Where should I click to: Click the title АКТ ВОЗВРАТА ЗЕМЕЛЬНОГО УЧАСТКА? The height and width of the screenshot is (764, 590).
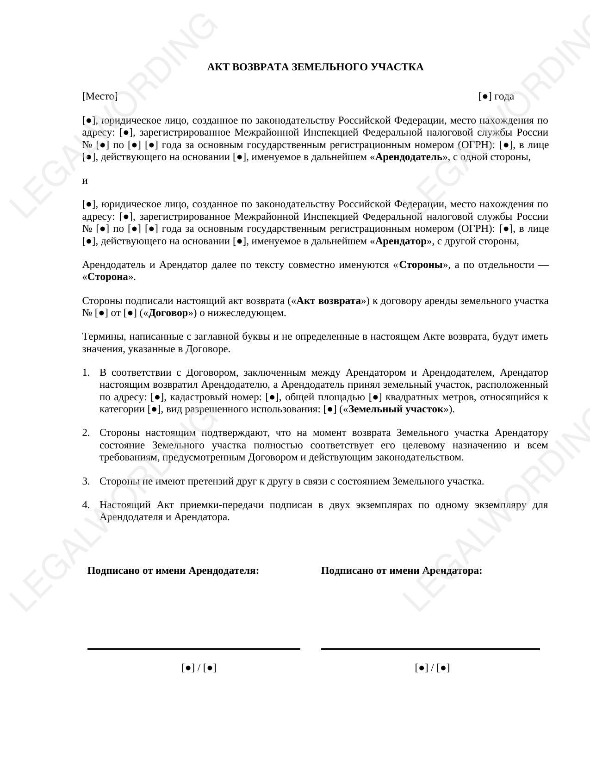tap(315, 67)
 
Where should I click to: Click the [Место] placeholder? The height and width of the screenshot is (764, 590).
tap(100, 96)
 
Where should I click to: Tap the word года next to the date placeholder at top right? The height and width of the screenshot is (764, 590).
tap(504, 96)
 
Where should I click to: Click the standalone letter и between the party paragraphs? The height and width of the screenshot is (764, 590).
tap(85, 180)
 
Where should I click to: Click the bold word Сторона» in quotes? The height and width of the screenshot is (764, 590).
tap(107, 277)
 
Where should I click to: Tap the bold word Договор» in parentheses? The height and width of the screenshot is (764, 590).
tap(168, 313)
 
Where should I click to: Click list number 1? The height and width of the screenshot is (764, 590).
tap(86, 373)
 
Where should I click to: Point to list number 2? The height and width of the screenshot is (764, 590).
tap(86, 433)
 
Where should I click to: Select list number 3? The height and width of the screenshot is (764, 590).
tap(86, 481)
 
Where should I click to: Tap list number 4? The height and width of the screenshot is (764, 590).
tap(86, 505)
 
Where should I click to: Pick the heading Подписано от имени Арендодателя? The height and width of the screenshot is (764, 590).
tap(173, 571)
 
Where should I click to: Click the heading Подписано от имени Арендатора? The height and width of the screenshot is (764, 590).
tap(401, 571)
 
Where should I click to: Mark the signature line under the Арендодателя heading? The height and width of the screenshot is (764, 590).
tap(193, 649)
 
